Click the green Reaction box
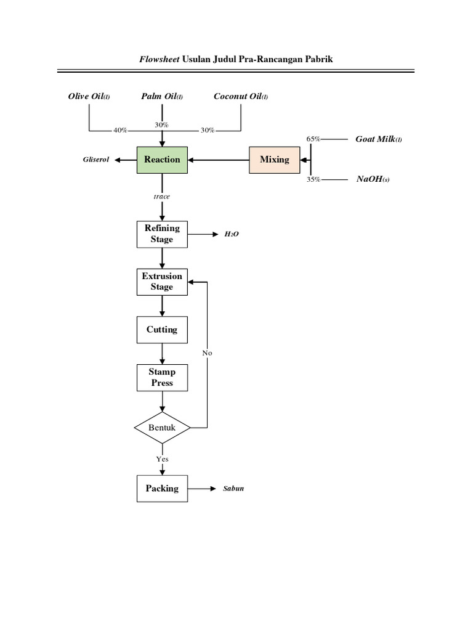tap(162, 160)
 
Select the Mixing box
tap(274, 160)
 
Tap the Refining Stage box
tap(162, 234)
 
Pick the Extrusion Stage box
tap(162, 282)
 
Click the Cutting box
tap(162, 330)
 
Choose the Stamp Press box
tap(162, 377)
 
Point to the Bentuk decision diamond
tap(162, 427)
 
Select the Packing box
tap(162, 489)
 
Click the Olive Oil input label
tap(89, 96)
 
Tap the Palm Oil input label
tap(162, 96)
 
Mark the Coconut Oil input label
tap(241, 96)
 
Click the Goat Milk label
tap(378, 139)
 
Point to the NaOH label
tap(373, 179)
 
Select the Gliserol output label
tap(96, 160)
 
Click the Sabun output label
tap(233, 489)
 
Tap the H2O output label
tap(231, 235)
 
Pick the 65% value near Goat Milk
tap(313, 139)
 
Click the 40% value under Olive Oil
tap(120, 131)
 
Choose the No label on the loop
tap(207, 353)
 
